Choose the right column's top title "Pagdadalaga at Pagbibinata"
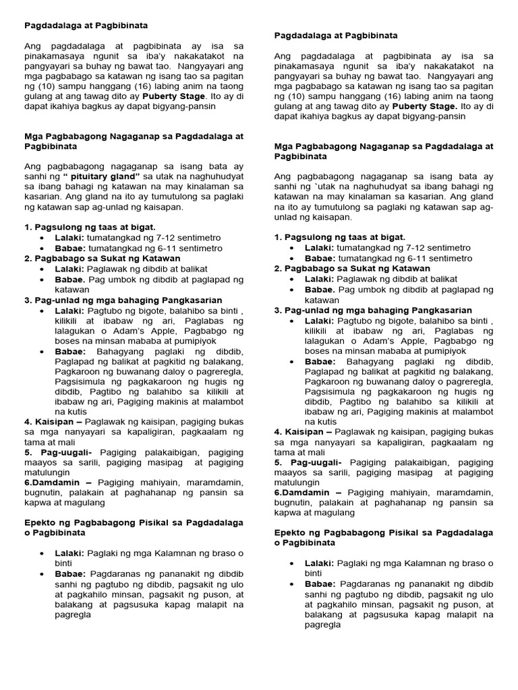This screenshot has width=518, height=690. point(336,35)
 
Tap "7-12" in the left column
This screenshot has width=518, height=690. point(152,238)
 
